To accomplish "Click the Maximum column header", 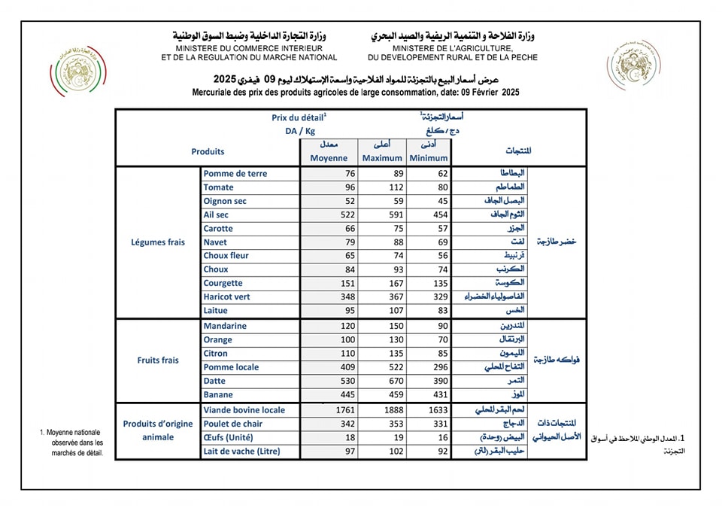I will [x=382, y=158].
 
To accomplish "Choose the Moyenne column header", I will [x=329, y=158].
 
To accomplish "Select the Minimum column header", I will [x=429, y=158].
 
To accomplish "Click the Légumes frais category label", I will [x=158, y=242].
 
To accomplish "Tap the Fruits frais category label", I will [x=158, y=360].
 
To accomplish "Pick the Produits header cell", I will [x=208, y=151].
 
